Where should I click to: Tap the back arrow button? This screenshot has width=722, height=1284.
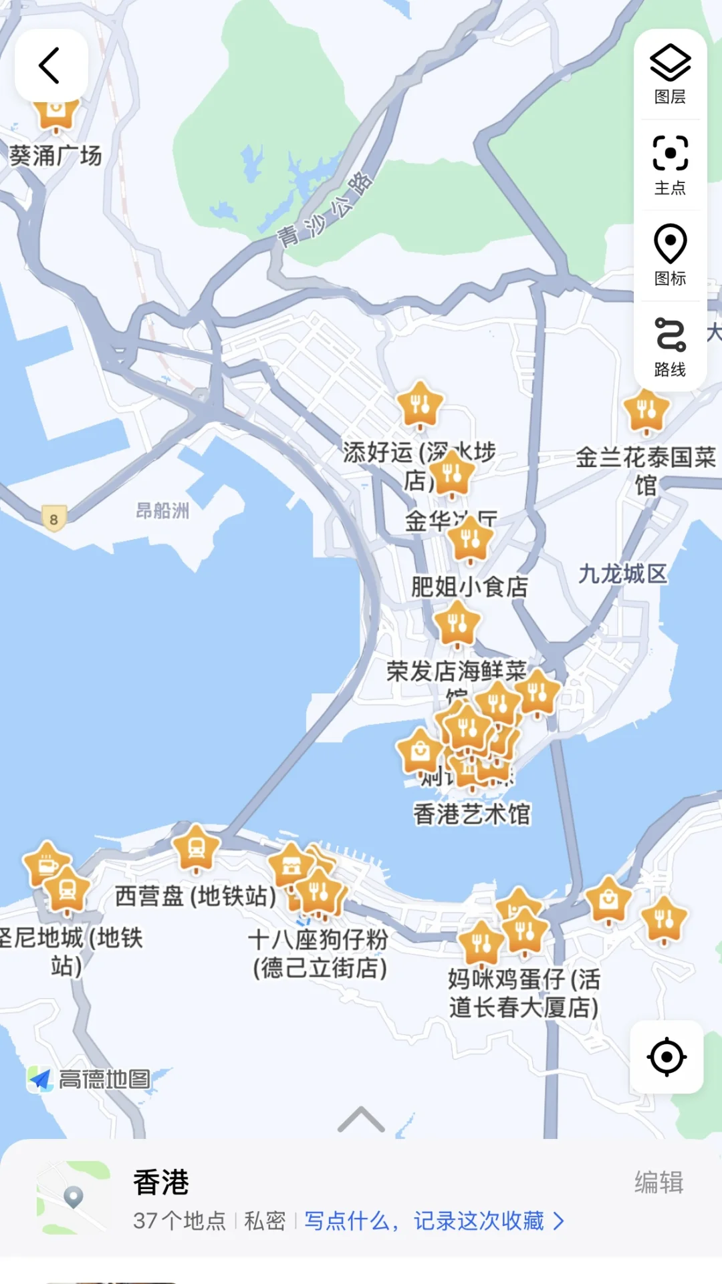coord(51,65)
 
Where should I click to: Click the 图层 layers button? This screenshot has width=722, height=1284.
coord(670,74)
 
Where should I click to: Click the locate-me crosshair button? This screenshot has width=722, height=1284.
coord(667,1057)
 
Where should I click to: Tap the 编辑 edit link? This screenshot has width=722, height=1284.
coord(658,1182)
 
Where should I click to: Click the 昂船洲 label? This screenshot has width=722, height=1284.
coord(162,511)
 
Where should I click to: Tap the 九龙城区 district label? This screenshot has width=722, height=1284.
coord(622,574)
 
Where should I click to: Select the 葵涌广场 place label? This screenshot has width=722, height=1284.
coord(55,156)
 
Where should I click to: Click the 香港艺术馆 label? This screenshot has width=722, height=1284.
coord(472,814)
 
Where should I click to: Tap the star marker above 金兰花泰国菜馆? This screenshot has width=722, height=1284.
coord(646,410)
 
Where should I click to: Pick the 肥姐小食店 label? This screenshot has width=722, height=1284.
coord(469,587)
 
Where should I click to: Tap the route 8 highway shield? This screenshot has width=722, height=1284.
coord(54,519)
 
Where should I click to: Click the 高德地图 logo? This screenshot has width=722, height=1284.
coord(90,1079)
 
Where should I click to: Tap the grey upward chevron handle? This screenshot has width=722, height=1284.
coord(361,1120)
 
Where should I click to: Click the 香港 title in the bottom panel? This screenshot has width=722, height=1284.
coord(161,1182)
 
